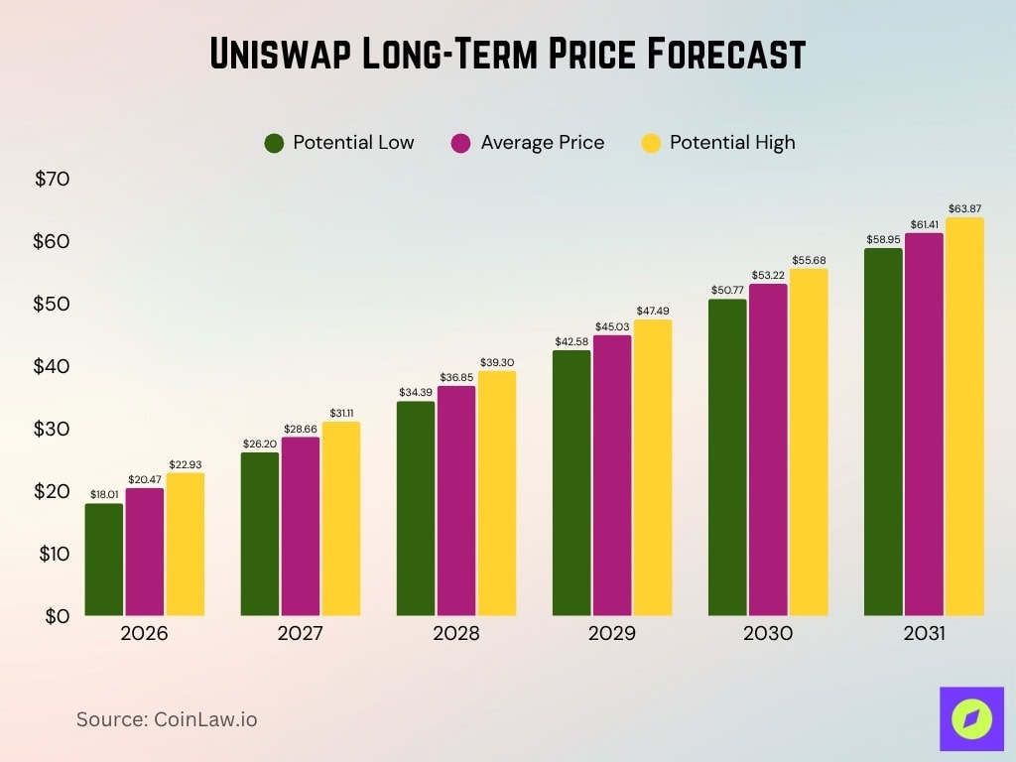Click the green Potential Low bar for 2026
pyautogui.click(x=104, y=560)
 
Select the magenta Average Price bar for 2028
pyautogui.click(x=456, y=501)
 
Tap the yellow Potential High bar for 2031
pyautogui.click(x=963, y=417)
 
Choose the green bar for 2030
pyautogui.click(x=727, y=457)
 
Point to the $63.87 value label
pyautogui.click(x=963, y=208)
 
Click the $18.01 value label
pyautogui.click(x=104, y=494)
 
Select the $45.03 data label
pyautogui.click(x=612, y=326)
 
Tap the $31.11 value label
pyautogui.click(x=340, y=412)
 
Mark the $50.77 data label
pyautogui.click(x=727, y=290)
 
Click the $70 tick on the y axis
pyautogui.click(x=52, y=180)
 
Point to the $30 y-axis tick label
pyautogui.click(x=52, y=429)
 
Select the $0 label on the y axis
pyautogui.click(x=57, y=615)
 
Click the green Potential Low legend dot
pyautogui.click(x=275, y=143)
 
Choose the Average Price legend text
pyautogui.click(x=542, y=143)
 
